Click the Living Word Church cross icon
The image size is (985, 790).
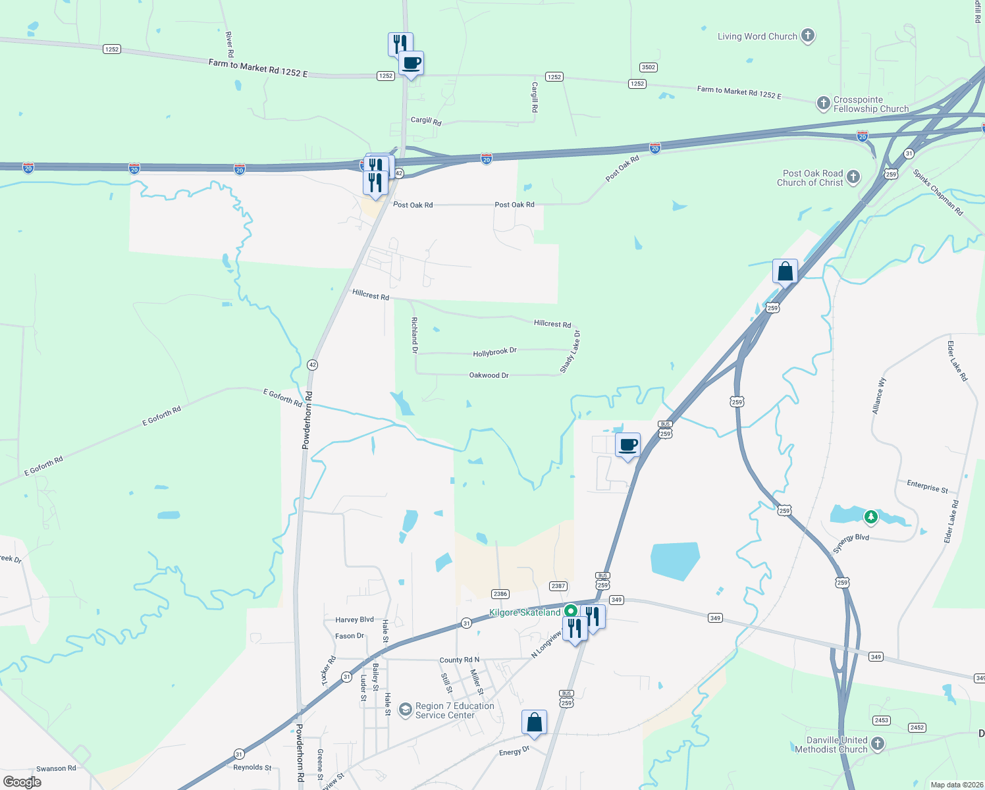pyautogui.click(x=808, y=36)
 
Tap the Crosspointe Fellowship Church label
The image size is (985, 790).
pyautogui.click(x=870, y=105)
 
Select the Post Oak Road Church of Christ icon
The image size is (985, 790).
pyautogui.click(x=853, y=176)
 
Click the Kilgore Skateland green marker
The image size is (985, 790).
pyautogui.click(x=571, y=612)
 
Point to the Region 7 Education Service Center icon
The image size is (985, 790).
pyautogui.click(x=406, y=709)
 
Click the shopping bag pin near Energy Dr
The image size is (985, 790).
pyautogui.click(x=534, y=723)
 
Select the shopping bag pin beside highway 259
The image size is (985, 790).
pyautogui.click(x=785, y=272)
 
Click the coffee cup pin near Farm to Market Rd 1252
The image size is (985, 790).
pyautogui.click(x=411, y=64)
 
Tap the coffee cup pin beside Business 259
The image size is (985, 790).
pyautogui.click(x=627, y=446)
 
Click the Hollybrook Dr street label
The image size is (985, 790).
pyautogui.click(x=494, y=353)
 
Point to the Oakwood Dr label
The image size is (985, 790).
pyautogui.click(x=489, y=375)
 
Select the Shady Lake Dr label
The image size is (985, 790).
pyautogui.click(x=570, y=352)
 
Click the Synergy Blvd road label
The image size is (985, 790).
pyautogui.click(x=851, y=543)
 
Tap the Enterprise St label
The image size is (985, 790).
pyautogui.click(x=927, y=487)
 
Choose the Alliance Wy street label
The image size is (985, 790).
pyautogui.click(x=879, y=396)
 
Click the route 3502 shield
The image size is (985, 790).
pyautogui.click(x=649, y=67)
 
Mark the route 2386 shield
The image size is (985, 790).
pyautogui.click(x=500, y=594)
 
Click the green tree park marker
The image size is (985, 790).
pyautogui.click(x=871, y=517)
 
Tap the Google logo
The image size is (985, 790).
pyautogui.click(x=22, y=781)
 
